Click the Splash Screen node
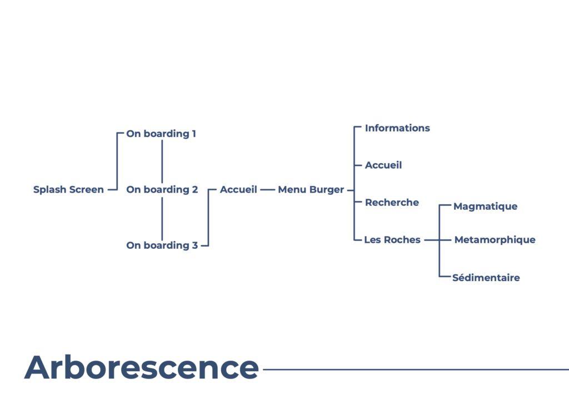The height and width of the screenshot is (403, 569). point(68,189)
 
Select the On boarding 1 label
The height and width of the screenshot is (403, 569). point(161,134)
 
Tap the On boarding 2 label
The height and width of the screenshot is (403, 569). point(162,190)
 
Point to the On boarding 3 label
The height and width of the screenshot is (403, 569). point(162,245)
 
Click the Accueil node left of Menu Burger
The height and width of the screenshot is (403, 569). point(238,189)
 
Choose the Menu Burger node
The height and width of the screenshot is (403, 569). point(311,190)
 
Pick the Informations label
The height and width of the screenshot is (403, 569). point(397,128)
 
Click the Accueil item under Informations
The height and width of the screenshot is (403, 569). point(383,165)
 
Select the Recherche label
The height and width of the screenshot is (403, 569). point(392,203)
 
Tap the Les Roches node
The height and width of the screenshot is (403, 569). point(392,240)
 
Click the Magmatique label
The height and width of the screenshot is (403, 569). point(486,207)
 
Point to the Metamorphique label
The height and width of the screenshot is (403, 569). point(495,240)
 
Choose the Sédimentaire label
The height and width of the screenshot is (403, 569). point(486,278)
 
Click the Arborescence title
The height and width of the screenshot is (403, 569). point(142,367)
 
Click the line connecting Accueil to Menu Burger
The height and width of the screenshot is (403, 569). point(267,190)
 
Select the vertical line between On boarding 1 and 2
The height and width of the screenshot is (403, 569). point(162,162)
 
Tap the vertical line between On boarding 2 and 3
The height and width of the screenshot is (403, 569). point(162,219)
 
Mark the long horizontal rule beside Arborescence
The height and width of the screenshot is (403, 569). point(416,370)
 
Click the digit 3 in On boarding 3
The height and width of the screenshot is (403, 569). point(195,245)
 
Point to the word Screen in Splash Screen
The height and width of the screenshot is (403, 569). point(86,189)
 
